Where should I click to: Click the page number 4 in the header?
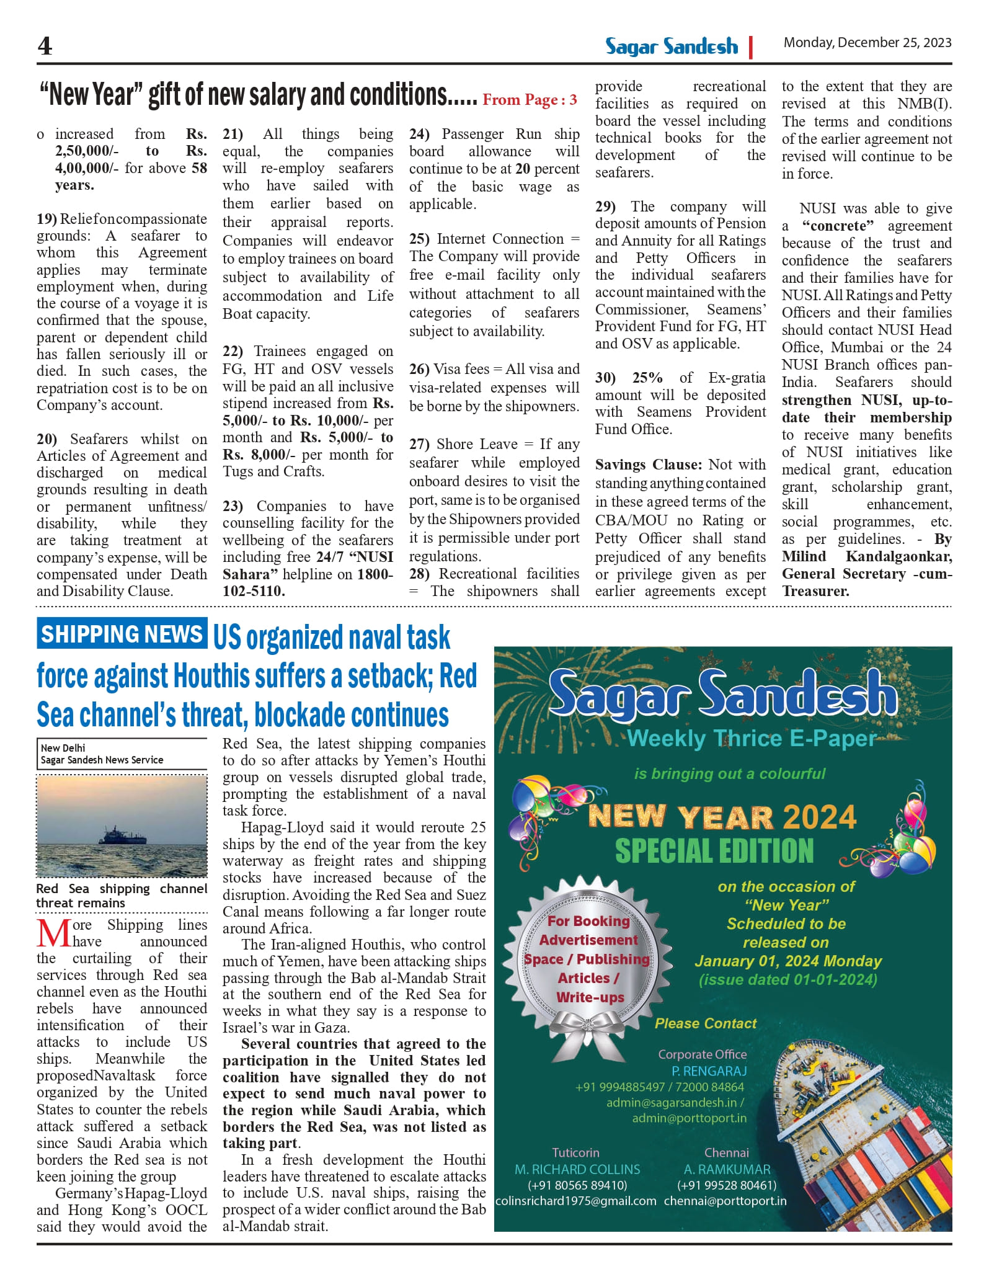coord(45,46)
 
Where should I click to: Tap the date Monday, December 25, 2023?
coord(867,43)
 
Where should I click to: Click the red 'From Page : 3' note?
coord(530,99)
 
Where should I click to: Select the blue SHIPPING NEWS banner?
coord(122,633)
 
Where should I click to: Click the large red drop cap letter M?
coord(53,933)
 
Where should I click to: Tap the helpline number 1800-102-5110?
coord(308,582)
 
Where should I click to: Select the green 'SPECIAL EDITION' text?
coord(714,851)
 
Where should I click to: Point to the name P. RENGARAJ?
coord(709,1071)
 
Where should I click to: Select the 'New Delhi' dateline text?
coord(63,748)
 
